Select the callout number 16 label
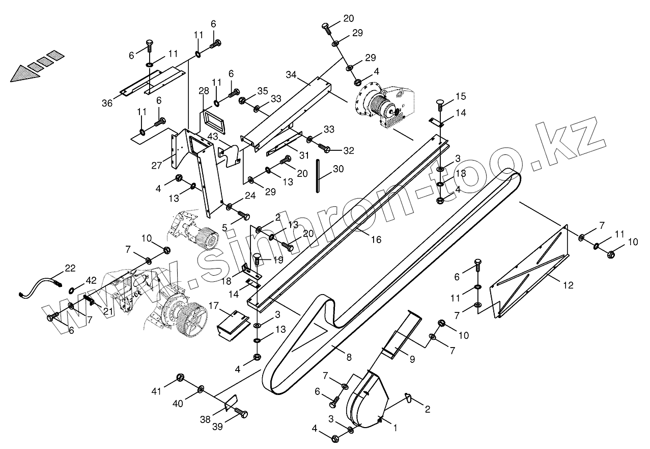(x=376, y=239)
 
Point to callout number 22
(x=70, y=268)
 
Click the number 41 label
(x=156, y=391)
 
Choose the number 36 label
(x=107, y=103)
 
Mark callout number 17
(x=214, y=306)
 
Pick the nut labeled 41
(x=180, y=378)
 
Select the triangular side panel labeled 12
(x=529, y=275)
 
